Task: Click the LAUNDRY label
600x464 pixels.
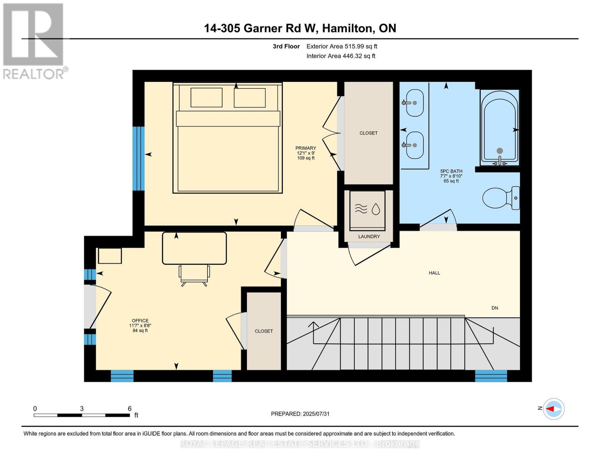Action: [x=369, y=237]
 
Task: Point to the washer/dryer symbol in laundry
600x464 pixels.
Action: [x=367, y=210]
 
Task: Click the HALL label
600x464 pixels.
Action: [x=434, y=273]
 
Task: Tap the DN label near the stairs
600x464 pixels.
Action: [x=495, y=308]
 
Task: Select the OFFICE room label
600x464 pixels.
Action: [x=140, y=321]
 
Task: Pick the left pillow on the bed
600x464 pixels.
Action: [x=206, y=97]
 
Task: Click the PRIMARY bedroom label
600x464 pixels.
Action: [x=306, y=148]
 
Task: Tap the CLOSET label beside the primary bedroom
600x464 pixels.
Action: [x=368, y=133]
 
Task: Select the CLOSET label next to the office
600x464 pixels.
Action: [x=263, y=331]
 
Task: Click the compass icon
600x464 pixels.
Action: [x=554, y=409]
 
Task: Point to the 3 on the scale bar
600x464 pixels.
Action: [x=82, y=409]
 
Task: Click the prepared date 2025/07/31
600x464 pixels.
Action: [x=316, y=414]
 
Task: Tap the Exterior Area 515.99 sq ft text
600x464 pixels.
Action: [x=342, y=46]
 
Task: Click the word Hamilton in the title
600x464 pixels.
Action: [x=348, y=28]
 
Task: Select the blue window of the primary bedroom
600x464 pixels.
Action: [x=138, y=159]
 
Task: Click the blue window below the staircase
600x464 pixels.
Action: [x=491, y=376]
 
